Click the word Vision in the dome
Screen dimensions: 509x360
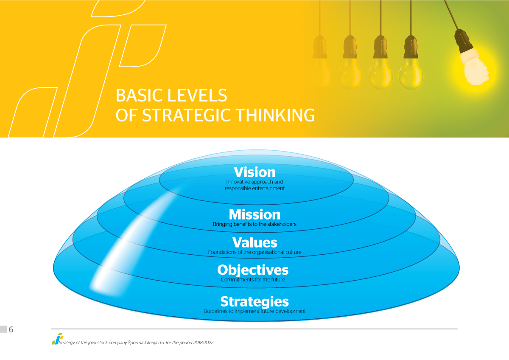pyautogui.click(x=255, y=172)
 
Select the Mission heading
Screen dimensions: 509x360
pyautogui.click(x=255, y=214)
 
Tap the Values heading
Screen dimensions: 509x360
pyautogui.click(x=255, y=242)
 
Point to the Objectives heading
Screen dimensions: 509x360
pyautogui.click(x=253, y=270)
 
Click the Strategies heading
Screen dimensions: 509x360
pyautogui.click(x=255, y=301)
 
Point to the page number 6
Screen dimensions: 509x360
pyautogui.click(x=11, y=329)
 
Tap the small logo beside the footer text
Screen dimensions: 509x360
pyautogui.click(x=57, y=339)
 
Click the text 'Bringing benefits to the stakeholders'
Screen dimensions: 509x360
pyautogui.click(x=255, y=224)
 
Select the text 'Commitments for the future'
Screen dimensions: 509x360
pyautogui.click(x=253, y=279)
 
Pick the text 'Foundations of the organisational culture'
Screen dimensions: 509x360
pyautogui.click(x=255, y=252)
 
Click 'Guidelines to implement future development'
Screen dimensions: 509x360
pyautogui.click(x=255, y=311)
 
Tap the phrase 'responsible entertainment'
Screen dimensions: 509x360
pyautogui.click(x=255, y=188)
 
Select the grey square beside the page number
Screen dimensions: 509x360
pyautogui.click(x=3, y=329)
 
